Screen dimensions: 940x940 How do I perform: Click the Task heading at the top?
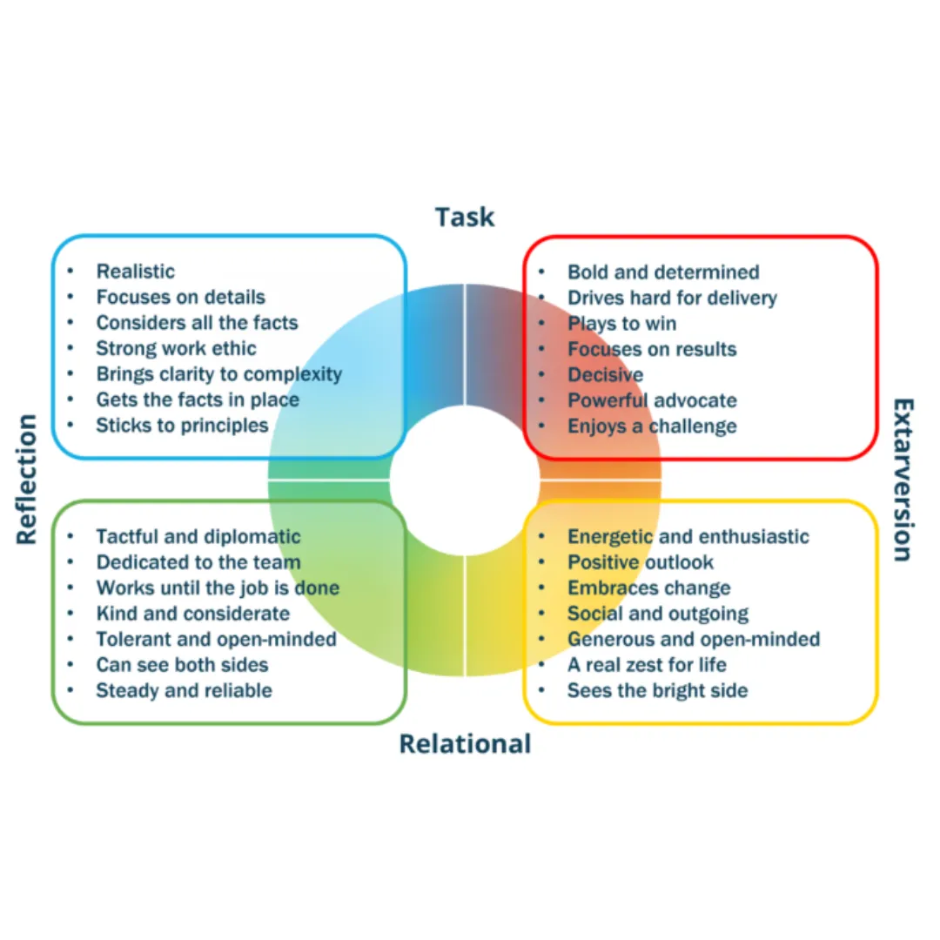pyautogui.click(x=465, y=216)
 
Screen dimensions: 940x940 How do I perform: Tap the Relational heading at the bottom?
pyautogui.click(x=465, y=744)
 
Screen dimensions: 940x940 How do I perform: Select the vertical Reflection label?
pyautogui.click(x=28, y=480)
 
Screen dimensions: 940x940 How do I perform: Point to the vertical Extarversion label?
pyautogui.click(x=903, y=480)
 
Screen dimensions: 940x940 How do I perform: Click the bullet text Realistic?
pyautogui.click(x=136, y=272)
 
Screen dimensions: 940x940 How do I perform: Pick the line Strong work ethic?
pyautogui.click(x=177, y=349)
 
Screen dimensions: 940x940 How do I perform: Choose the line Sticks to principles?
pyautogui.click(x=183, y=426)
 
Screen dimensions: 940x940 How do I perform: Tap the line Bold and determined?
pyautogui.click(x=663, y=272)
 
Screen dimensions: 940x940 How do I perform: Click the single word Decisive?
pyautogui.click(x=606, y=375)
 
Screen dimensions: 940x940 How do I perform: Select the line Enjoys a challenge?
pyautogui.click(x=652, y=426)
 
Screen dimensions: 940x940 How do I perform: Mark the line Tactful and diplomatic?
pyautogui.click(x=198, y=536)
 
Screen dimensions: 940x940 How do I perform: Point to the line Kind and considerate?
pyautogui.click(x=193, y=614)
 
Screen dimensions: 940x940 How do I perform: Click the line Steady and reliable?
pyautogui.click(x=185, y=690)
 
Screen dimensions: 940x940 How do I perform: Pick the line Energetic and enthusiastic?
pyautogui.click(x=688, y=537)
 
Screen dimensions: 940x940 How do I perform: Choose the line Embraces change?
pyautogui.click(x=648, y=588)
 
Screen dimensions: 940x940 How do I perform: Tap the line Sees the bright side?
pyautogui.click(x=657, y=691)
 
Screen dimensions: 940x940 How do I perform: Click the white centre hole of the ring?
pyautogui.click(x=465, y=480)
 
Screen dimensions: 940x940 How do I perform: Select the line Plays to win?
pyautogui.click(x=621, y=324)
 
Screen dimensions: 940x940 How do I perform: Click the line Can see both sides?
pyautogui.click(x=183, y=665)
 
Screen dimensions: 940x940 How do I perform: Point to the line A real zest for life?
pyautogui.click(x=647, y=665)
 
